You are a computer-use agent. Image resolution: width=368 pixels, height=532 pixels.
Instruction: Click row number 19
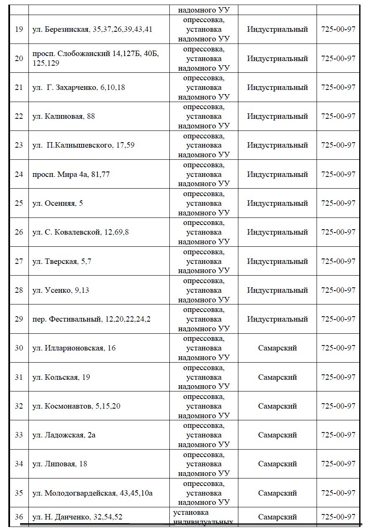(x=19, y=29)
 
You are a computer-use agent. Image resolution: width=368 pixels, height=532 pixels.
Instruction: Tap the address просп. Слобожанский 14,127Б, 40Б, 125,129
(x=95, y=59)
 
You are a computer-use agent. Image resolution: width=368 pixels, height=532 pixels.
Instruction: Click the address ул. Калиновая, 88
(x=64, y=116)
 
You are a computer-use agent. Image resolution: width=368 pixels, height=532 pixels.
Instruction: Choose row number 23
(x=19, y=145)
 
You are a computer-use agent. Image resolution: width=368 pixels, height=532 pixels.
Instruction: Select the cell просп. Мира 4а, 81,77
(x=71, y=174)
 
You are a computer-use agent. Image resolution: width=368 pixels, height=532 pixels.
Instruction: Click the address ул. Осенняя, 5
(x=58, y=203)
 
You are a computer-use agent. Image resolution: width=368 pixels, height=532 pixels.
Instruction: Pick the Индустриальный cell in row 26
(x=277, y=232)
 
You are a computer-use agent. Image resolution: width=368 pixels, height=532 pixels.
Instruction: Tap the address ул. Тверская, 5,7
(x=61, y=261)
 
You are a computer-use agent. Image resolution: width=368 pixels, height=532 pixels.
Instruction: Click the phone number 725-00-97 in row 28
(x=338, y=290)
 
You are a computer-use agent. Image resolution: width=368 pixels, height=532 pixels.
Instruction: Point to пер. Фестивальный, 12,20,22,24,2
(x=92, y=319)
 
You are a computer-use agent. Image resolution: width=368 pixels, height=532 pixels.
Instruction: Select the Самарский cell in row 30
(x=277, y=348)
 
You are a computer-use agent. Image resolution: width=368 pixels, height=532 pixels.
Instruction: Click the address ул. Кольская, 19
(x=61, y=377)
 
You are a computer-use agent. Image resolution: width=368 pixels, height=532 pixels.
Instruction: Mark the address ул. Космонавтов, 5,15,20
(x=76, y=406)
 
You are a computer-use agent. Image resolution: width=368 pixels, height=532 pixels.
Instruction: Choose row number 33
(x=19, y=435)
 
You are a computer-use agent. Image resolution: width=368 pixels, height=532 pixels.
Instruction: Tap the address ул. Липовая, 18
(x=60, y=464)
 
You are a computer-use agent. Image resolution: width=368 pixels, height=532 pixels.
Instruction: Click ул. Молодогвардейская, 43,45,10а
(x=92, y=493)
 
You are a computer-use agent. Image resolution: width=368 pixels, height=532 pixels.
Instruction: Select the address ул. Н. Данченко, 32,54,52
(x=77, y=517)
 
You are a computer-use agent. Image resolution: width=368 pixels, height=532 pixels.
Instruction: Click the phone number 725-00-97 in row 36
(x=338, y=517)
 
